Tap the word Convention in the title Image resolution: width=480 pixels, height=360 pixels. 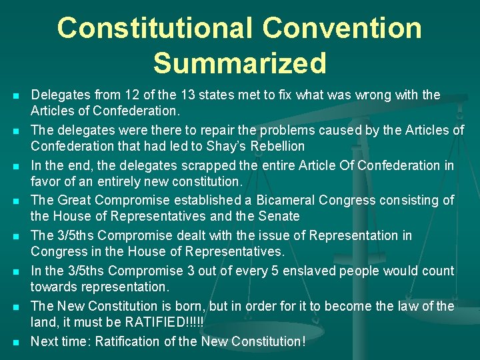[x=342, y=28]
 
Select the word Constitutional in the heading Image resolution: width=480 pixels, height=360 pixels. [x=154, y=28]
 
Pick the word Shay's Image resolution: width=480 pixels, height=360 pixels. [x=227, y=146]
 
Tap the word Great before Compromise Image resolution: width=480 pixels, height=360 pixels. [x=75, y=200]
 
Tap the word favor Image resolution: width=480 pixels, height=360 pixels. [x=47, y=181]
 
